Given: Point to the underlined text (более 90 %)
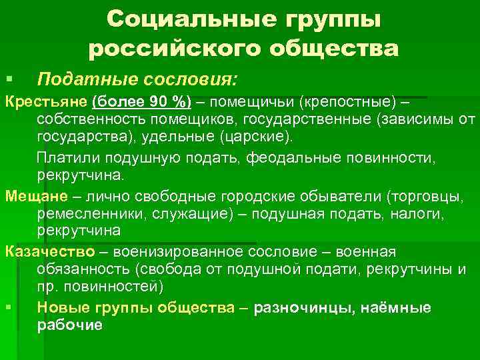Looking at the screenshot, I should [x=141, y=102].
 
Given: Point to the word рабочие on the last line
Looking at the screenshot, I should [x=70, y=325].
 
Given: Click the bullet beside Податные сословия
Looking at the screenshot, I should [x=9, y=81].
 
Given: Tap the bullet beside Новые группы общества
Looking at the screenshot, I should [x=9, y=308].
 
